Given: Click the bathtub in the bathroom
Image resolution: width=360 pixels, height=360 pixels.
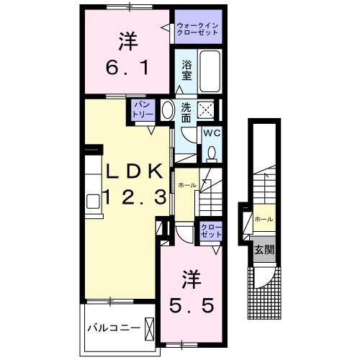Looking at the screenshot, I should click(210, 73).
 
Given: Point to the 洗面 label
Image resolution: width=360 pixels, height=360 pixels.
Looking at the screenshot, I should click(186, 112).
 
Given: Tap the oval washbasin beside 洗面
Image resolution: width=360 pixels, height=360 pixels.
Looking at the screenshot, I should click(167, 111).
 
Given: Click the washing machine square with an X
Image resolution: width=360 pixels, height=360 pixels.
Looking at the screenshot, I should click(207, 110).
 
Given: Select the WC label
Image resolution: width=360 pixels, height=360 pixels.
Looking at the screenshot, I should click(211, 133).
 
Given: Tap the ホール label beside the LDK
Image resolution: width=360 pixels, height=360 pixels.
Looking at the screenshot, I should click(186, 185).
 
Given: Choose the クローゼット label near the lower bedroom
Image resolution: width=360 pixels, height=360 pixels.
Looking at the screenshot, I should click(210, 230).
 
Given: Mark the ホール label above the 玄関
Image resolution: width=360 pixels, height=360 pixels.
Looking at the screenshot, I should click(264, 218).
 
